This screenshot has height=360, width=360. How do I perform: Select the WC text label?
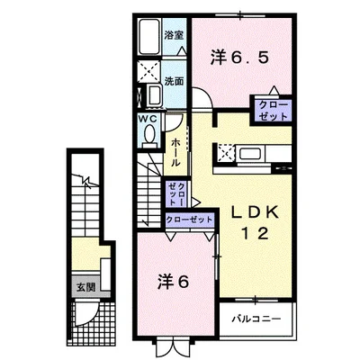coord(148,118)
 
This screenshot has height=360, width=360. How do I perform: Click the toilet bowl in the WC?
coord(148,135)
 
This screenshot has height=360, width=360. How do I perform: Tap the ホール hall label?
coord(175,152)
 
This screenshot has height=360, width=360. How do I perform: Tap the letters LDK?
coord(257,212)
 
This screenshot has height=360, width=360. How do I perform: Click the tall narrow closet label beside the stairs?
coord(176,193)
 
